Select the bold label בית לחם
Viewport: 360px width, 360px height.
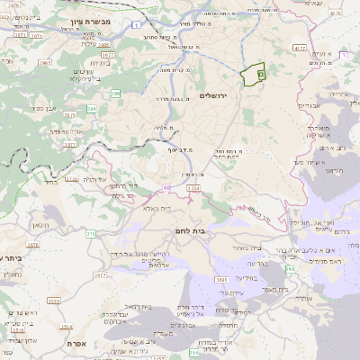pos(213,229)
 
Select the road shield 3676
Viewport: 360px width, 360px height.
pos(33,244)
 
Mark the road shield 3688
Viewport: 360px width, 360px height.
pos(222,280)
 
